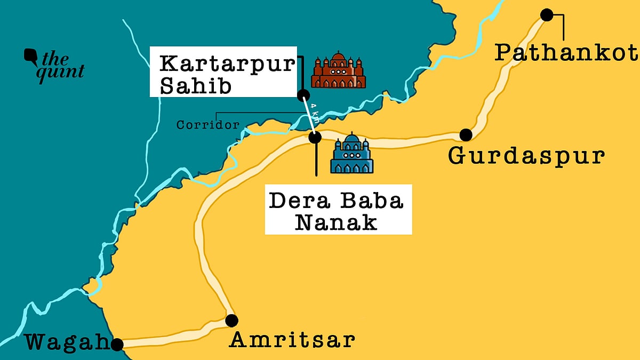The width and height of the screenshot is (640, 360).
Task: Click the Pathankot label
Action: coord(566,53)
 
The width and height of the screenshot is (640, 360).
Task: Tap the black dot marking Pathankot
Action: coord(547,15)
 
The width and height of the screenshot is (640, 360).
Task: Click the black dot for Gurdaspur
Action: coord(466,134)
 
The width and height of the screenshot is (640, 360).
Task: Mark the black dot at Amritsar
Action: coord(231,321)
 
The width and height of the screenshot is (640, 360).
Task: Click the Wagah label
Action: coord(67,342)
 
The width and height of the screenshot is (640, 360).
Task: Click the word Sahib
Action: coord(196,86)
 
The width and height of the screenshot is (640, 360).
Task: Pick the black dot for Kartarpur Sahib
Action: coord(303,96)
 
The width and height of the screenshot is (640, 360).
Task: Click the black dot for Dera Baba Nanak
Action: coord(315,137)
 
